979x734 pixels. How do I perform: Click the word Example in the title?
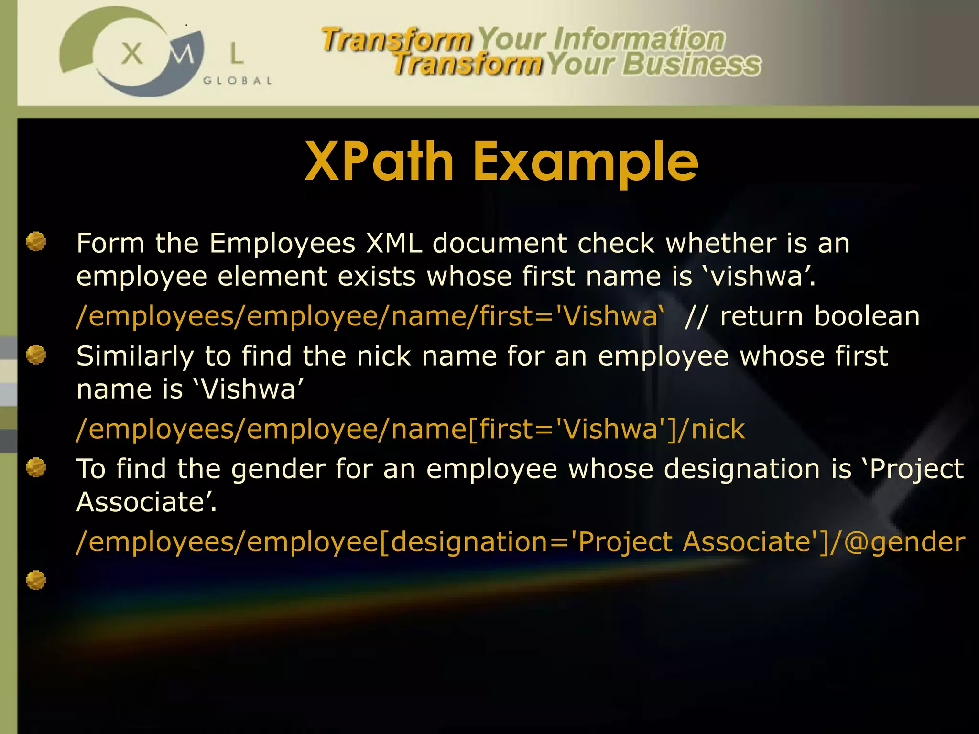click(586, 162)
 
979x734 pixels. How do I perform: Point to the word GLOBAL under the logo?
click(238, 81)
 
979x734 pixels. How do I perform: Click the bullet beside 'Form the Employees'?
click(36, 241)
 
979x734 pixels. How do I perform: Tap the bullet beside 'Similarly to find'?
click(36, 355)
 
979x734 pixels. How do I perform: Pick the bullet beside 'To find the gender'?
click(36, 467)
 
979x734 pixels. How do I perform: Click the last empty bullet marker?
click(36, 580)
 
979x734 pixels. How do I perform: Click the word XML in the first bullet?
click(394, 243)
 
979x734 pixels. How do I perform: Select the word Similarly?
click(135, 356)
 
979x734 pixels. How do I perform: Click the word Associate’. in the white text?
click(147, 502)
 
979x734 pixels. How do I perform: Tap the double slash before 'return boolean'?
click(696, 316)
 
